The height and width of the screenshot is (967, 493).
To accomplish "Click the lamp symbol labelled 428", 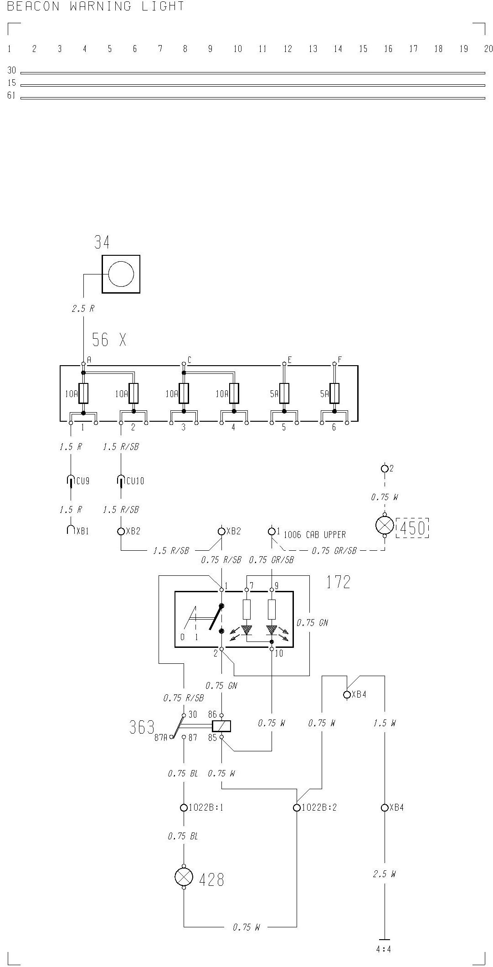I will click(x=184, y=877).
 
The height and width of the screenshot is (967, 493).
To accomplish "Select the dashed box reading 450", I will click(x=412, y=528).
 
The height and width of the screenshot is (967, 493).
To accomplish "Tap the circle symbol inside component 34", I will click(x=121, y=274).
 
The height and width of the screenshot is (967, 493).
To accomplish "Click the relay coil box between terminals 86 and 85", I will click(x=221, y=726).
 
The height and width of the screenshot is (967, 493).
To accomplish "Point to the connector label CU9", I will click(x=82, y=481).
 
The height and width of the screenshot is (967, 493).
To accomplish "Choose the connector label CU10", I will click(x=134, y=481).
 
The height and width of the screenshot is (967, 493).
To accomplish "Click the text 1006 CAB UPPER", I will click(x=314, y=535).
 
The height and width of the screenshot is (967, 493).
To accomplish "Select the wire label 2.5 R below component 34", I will click(x=83, y=309).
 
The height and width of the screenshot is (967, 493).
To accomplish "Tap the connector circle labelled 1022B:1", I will click(x=184, y=807).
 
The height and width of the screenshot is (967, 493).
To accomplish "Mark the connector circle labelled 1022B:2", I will click(x=297, y=807).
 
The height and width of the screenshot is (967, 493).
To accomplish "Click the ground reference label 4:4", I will click(x=384, y=950).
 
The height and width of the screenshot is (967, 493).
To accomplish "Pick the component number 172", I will click(x=338, y=582).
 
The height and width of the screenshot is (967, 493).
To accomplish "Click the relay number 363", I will click(x=142, y=728).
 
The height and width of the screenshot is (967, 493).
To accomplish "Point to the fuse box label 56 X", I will click(x=109, y=340).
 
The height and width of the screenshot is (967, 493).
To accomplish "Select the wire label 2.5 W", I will click(x=384, y=874).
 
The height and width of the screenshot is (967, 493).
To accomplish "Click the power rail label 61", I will click(x=11, y=96).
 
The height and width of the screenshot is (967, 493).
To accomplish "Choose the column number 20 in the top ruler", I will click(x=488, y=49).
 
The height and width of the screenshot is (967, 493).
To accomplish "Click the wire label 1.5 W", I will click(x=384, y=723).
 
